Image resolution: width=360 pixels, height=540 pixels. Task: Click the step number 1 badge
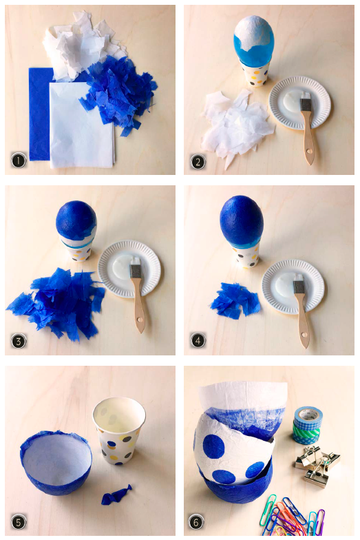tap(19, 160)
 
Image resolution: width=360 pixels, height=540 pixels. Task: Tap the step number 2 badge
tap(198, 162)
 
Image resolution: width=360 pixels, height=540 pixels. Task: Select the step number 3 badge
tap(19, 341)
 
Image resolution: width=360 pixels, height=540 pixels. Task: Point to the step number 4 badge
tap(198, 340)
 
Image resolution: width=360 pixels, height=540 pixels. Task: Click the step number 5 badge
tap(19, 522)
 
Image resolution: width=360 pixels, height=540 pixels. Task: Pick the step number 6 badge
tap(196, 522)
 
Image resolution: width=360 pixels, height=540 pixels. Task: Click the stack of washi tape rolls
tap(307, 426)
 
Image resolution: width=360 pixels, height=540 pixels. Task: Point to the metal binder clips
tap(317, 467)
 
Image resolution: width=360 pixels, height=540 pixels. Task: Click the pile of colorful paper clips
tap(293, 515)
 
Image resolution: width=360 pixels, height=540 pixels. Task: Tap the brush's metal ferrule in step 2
tap(306, 105)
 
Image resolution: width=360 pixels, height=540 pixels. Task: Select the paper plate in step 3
tap(129, 269)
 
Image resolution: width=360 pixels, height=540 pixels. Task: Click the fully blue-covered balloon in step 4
tap(242, 217)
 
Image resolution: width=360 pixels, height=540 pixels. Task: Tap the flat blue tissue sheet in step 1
tap(40, 114)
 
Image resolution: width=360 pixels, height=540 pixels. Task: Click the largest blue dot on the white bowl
tap(213, 446)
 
